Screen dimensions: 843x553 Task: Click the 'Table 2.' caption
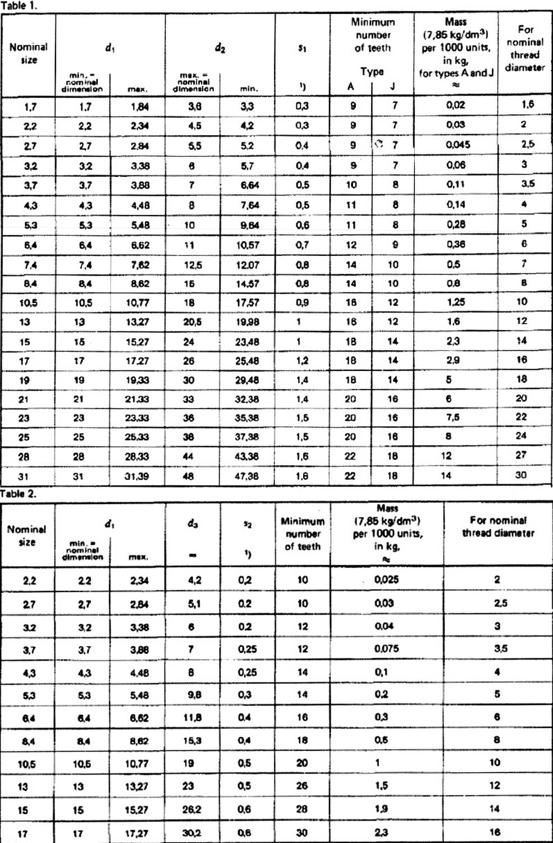point(19,493)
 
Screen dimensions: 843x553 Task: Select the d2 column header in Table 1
point(220,48)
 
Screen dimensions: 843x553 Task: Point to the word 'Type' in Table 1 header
point(372,71)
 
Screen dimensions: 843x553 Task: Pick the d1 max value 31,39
point(137,476)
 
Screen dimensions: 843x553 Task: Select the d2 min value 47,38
point(246,476)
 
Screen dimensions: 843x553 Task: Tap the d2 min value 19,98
point(247,322)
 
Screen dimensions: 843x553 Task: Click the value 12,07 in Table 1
point(247,264)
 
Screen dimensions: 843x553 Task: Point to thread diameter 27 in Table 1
point(521,455)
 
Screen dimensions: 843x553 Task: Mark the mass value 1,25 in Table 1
point(456,302)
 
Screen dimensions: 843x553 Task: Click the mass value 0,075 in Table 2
point(387,648)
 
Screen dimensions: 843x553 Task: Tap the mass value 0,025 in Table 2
point(387,579)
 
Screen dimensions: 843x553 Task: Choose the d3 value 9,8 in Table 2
point(190,695)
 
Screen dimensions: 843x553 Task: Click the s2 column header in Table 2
point(247,524)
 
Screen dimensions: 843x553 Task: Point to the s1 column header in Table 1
point(302,48)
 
